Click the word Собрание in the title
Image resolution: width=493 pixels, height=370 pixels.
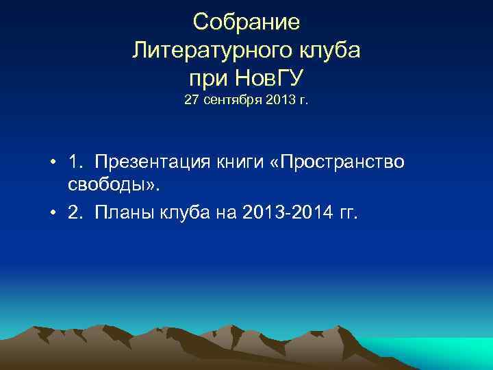tap(246, 23)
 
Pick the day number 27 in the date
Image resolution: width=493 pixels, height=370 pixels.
tap(191, 101)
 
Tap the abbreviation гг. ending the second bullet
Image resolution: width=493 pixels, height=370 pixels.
tap(347, 214)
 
